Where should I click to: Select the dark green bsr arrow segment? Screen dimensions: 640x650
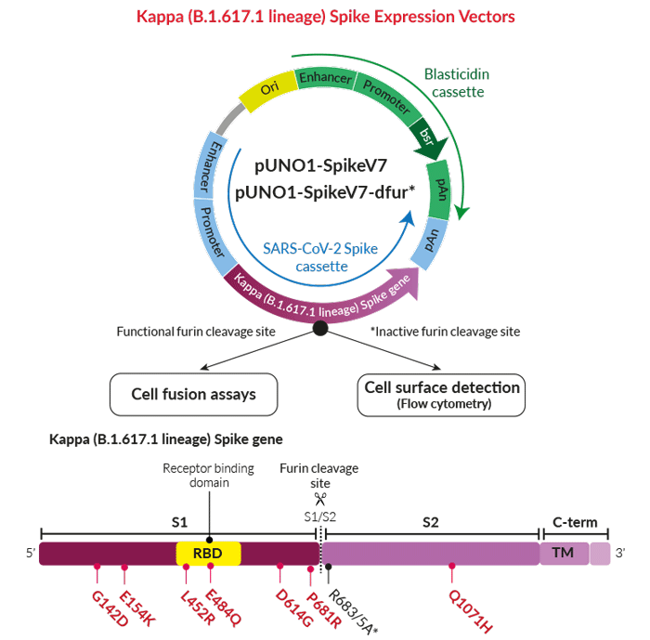[426, 138]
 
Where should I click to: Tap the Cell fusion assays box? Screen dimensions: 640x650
[195, 394]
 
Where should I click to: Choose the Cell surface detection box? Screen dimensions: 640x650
[442, 394]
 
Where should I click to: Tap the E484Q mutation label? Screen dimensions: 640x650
[223, 605]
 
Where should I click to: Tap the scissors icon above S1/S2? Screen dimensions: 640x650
[320, 499]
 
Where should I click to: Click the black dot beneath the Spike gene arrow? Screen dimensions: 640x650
[319, 328]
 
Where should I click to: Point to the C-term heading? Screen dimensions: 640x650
[575, 522]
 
